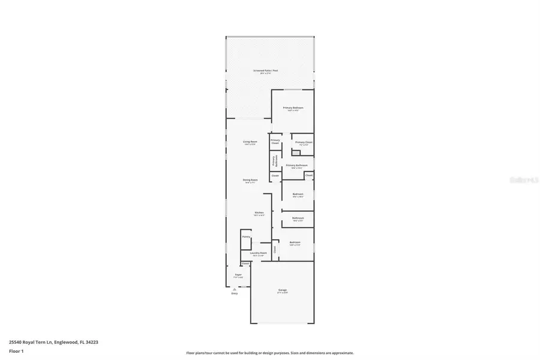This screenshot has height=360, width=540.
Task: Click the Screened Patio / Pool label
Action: (269, 71)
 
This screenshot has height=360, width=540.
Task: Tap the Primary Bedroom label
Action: (293, 108)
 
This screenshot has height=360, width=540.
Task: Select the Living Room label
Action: (250, 142)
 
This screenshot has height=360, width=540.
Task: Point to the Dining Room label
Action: (250, 180)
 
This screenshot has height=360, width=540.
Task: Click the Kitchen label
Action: (259, 213)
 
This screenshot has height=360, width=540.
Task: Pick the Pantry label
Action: (246, 237)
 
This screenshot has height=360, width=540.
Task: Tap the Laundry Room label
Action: (259, 253)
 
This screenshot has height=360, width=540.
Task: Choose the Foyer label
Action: (238, 275)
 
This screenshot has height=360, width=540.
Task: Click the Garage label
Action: (282, 290)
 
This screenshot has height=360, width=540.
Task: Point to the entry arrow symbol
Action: (235, 289)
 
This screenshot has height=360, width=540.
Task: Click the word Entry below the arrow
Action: (235, 293)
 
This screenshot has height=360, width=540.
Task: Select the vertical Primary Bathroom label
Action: (275, 160)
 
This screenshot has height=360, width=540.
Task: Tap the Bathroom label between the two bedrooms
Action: (298, 218)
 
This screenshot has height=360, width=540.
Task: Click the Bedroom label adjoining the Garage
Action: (295, 242)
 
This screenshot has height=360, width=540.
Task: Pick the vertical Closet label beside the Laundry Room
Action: (275, 249)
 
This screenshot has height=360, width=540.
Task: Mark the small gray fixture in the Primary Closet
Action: (296, 152)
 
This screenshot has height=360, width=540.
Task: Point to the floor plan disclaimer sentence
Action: (270, 353)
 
